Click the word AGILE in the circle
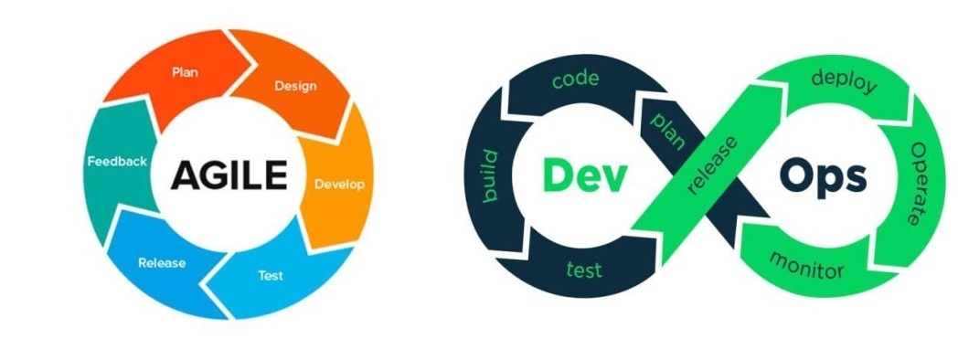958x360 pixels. tap(229, 174)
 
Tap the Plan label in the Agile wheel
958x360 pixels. tap(186, 71)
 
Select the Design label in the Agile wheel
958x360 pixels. tap(295, 87)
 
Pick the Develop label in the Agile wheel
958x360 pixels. tap(339, 184)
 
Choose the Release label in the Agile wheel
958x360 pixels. tap(162, 263)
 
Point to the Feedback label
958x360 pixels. tap(117, 161)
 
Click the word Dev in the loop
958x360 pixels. tap(583, 175)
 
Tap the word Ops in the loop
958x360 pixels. tap(822, 176)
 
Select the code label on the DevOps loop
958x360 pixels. tap(575, 79)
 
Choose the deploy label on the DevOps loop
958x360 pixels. tap(843, 82)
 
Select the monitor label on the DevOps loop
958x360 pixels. tap(806, 264)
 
